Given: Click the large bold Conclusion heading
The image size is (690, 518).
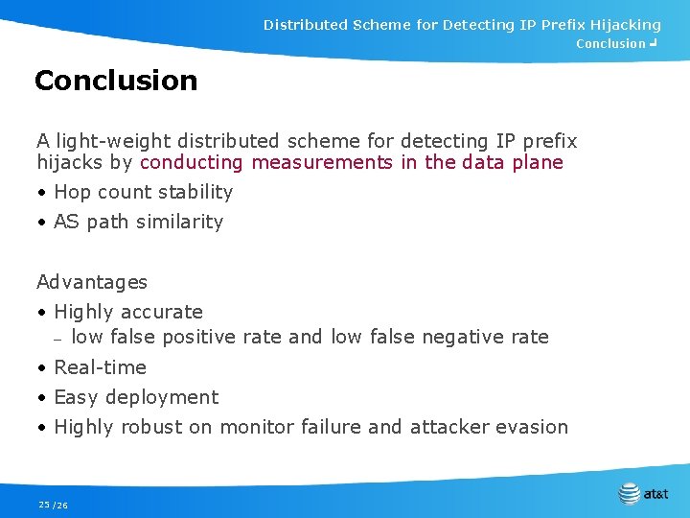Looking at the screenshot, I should [116, 81].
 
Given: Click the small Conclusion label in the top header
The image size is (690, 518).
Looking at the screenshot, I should [610, 44].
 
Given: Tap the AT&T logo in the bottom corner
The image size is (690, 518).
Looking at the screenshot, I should [644, 494].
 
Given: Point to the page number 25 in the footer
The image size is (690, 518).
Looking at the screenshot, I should [44, 505].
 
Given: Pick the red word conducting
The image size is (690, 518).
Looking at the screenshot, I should [192, 162].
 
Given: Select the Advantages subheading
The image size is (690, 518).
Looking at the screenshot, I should [92, 282].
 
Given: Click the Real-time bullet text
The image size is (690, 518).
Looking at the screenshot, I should [100, 367].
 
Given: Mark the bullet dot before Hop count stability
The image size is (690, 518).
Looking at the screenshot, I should [42, 193].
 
